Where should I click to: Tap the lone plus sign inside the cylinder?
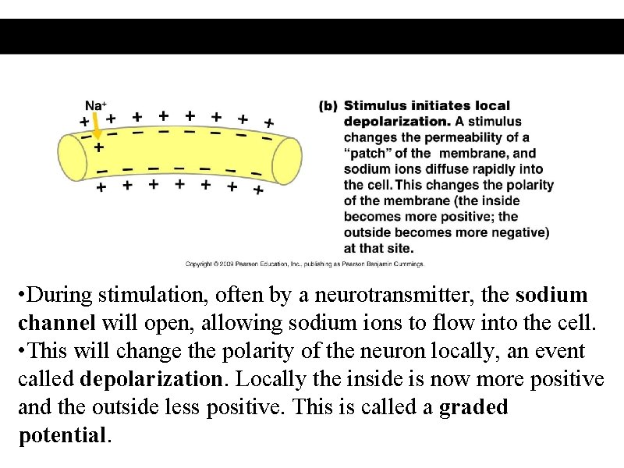pyautogui.click(x=98, y=146)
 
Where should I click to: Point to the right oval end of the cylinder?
pyautogui.click(x=286, y=160)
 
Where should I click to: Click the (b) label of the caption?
pyautogui.click(x=328, y=105)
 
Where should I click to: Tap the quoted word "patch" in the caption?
pyautogui.click(x=369, y=154)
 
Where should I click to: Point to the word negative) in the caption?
pyautogui.click(x=519, y=232)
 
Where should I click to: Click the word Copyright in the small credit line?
pyautogui.click(x=199, y=264)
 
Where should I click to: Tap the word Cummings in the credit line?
pyautogui.click(x=407, y=264)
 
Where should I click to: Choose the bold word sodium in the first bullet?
pyautogui.click(x=551, y=296)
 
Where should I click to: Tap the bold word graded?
pyautogui.click(x=473, y=408)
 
